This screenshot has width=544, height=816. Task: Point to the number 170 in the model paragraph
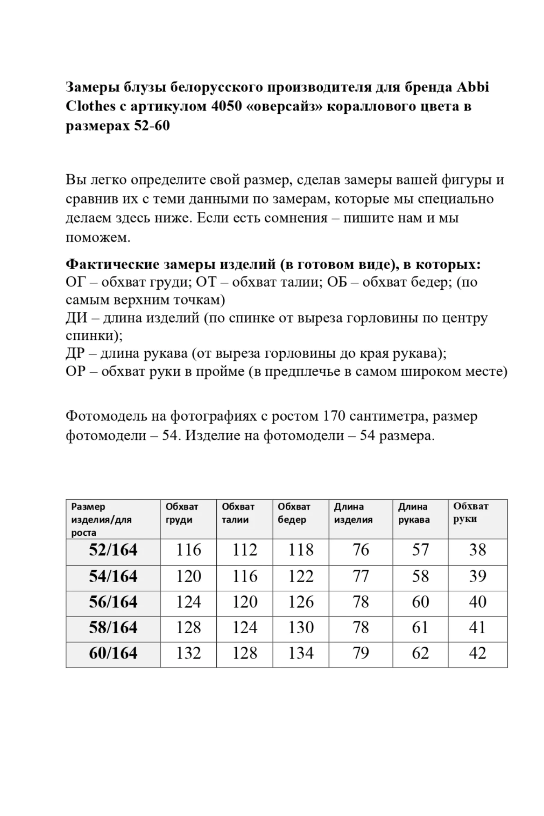pyautogui.click(x=334, y=416)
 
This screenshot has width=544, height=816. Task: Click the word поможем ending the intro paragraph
pyautogui.click(x=98, y=237)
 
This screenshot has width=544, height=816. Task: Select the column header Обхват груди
pyautogui.click(x=182, y=513)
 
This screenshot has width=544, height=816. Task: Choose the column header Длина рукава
pyautogui.click(x=414, y=513)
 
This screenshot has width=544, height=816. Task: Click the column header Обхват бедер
pyautogui.click(x=294, y=513)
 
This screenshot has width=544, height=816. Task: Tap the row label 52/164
pyautogui.click(x=113, y=550)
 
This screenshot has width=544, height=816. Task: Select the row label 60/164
pyautogui.click(x=113, y=653)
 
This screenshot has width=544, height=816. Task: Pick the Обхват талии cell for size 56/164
pyautogui.click(x=245, y=602)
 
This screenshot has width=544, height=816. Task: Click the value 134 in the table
pyautogui.click(x=301, y=653)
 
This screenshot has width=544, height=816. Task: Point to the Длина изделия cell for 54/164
pyautogui.click(x=361, y=577)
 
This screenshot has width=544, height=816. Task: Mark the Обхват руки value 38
pyautogui.click(x=477, y=550)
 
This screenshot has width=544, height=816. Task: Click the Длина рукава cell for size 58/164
pyautogui.click(x=420, y=628)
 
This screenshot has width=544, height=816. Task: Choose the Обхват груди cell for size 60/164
pyautogui.click(x=189, y=653)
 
